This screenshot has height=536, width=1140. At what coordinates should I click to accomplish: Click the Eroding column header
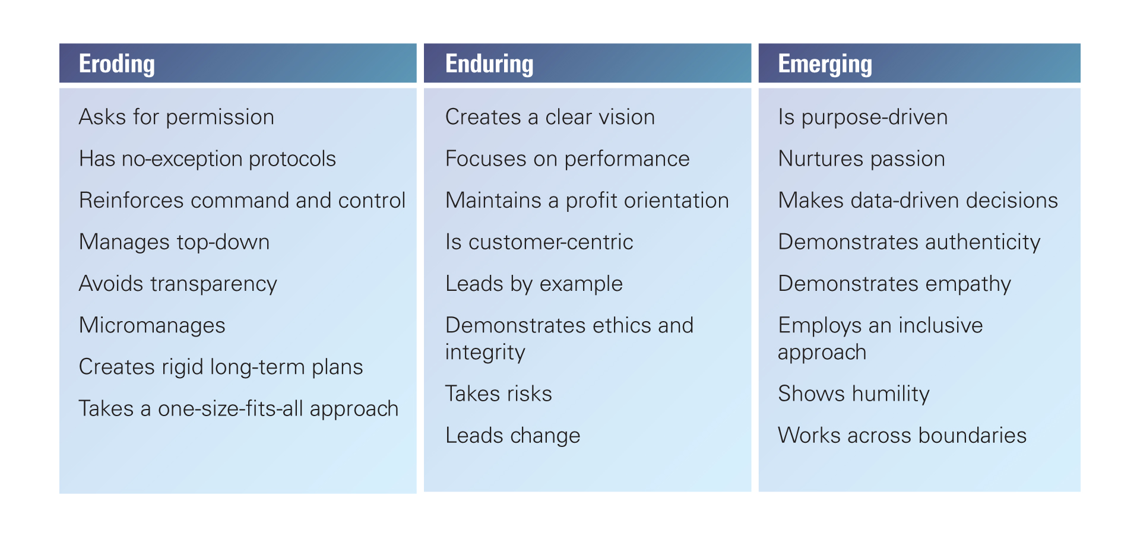(117, 64)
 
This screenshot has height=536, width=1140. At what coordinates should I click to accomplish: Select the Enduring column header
(489, 64)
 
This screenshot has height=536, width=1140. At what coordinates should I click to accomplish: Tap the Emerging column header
(825, 64)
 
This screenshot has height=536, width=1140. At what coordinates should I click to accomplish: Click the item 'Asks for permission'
(176, 117)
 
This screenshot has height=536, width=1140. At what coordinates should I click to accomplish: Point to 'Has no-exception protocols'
(207, 158)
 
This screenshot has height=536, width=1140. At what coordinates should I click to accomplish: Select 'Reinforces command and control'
(242, 200)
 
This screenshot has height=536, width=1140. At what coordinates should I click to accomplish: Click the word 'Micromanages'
(152, 325)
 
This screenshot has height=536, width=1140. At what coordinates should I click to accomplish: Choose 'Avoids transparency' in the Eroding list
(178, 284)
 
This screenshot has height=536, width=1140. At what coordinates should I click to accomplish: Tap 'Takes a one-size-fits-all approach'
(239, 408)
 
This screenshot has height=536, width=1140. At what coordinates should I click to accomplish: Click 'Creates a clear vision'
(550, 117)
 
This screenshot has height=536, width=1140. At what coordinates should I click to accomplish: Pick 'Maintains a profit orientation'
(587, 200)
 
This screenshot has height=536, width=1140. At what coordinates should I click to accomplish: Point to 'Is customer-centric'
(539, 242)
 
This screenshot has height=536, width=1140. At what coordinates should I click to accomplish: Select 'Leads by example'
(534, 284)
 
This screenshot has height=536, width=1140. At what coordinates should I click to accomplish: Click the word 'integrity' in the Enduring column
(485, 353)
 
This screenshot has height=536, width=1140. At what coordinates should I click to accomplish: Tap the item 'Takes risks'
(499, 394)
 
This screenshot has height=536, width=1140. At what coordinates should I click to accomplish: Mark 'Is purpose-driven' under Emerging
(863, 117)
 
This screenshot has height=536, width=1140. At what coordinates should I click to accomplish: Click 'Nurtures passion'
(862, 158)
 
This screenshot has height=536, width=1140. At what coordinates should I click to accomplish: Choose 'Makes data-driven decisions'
(918, 200)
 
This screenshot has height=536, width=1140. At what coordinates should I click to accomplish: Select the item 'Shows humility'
(854, 394)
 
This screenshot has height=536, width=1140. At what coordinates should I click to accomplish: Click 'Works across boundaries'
(902, 435)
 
